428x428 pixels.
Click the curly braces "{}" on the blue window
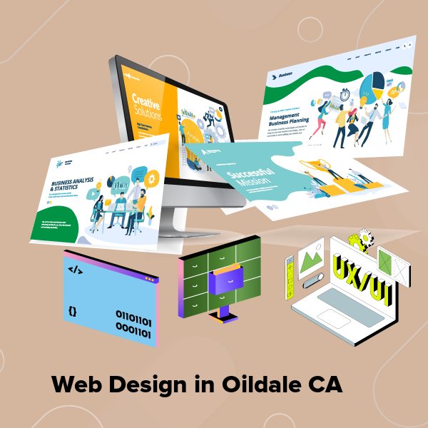72,312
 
